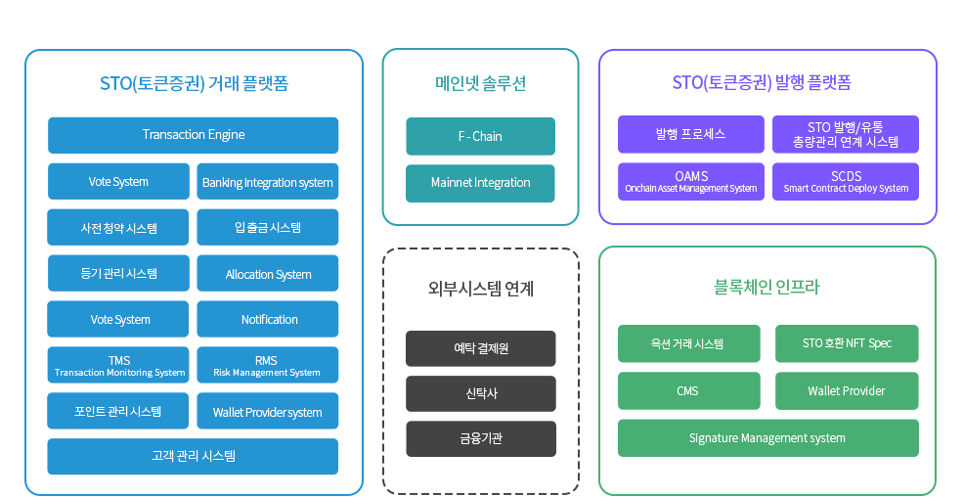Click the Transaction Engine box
[x=193, y=135]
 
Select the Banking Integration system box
[x=267, y=182]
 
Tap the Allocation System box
[x=267, y=274]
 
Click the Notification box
[x=267, y=320]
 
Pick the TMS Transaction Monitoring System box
[x=119, y=365]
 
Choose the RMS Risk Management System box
[x=267, y=365]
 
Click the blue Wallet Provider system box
[x=267, y=412]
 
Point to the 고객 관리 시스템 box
[x=193, y=456]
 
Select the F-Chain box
[x=480, y=136]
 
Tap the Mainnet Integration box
[x=480, y=183]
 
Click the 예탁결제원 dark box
[x=480, y=348]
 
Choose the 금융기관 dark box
[x=480, y=438]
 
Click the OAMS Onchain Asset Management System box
[x=691, y=181]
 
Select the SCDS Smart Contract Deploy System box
[x=846, y=181]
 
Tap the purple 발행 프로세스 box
[x=691, y=134]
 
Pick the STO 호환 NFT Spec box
[x=846, y=343]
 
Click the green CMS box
[x=688, y=390]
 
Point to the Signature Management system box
[x=767, y=437]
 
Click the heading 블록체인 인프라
[x=766, y=288]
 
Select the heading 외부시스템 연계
[x=480, y=289]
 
